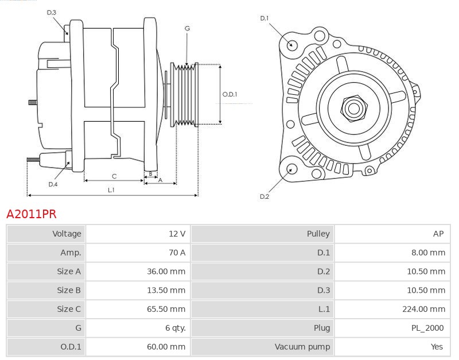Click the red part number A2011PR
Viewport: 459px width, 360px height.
pos(31,214)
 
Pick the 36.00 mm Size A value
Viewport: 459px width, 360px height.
pos(166,272)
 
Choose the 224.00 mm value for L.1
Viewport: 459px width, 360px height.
pos(423,309)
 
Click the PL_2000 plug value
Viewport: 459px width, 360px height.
pos(428,328)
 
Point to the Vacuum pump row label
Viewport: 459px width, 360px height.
pos(302,347)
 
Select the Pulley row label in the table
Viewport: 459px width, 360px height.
pos(318,234)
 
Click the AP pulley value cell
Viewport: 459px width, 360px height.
pos(438,234)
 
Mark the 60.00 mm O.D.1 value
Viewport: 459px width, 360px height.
pos(166,347)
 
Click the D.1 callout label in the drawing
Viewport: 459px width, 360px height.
pos(264,18)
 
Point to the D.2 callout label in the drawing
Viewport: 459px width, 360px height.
pos(264,196)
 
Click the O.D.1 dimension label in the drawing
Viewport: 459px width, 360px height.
pos(229,95)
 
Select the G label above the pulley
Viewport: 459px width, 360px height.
pos(188,28)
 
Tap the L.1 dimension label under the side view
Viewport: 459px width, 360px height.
pos(111,189)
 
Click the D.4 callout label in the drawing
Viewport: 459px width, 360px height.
pos(53,184)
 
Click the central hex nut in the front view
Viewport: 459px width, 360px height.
pos(353,107)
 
